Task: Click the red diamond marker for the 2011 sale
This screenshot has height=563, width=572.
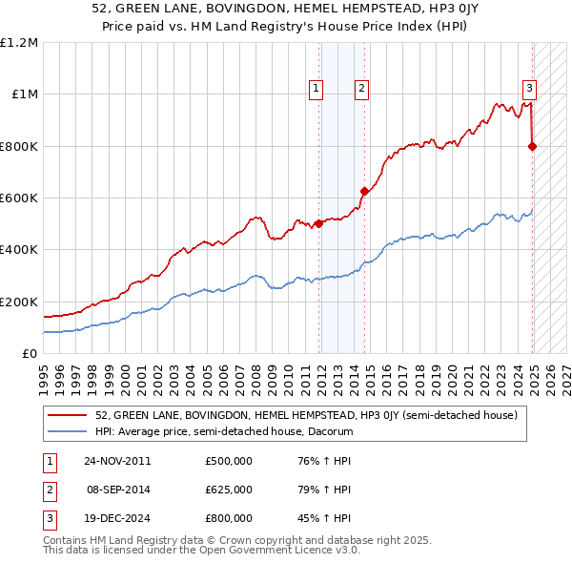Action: pyautogui.click(x=318, y=224)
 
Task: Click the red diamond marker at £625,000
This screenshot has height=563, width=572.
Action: pyautogui.click(x=363, y=192)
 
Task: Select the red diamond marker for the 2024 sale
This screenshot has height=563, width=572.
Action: pyautogui.click(x=532, y=146)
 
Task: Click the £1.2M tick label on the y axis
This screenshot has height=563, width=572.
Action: pyautogui.click(x=19, y=43)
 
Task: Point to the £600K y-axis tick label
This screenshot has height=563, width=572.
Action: pyautogui.click(x=19, y=198)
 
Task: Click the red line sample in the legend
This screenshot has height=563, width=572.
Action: pyautogui.click(x=68, y=416)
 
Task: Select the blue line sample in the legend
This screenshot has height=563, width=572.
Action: pyautogui.click(x=68, y=431)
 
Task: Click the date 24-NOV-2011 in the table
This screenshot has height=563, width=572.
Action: pyautogui.click(x=116, y=462)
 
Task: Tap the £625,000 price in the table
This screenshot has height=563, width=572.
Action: pyautogui.click(x=228, y=490)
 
